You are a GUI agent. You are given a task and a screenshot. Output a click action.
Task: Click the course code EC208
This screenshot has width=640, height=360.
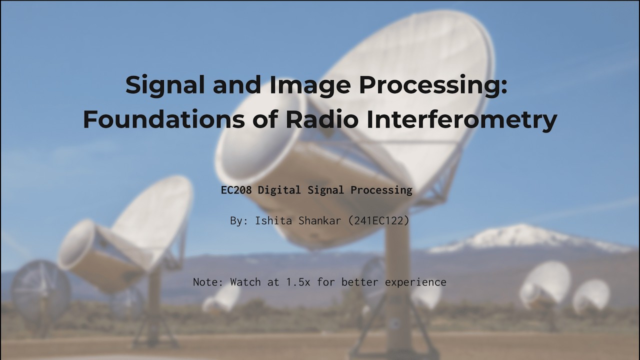[236, 190]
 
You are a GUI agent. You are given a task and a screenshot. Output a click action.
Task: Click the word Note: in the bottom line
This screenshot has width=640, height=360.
[208, 282]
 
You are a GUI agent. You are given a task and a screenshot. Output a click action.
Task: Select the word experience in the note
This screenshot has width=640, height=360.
[415, 282]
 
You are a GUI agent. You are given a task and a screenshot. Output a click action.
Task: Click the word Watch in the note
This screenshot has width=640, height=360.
[245, 282]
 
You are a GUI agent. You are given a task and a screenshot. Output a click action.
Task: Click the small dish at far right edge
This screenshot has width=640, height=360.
[591, 296]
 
